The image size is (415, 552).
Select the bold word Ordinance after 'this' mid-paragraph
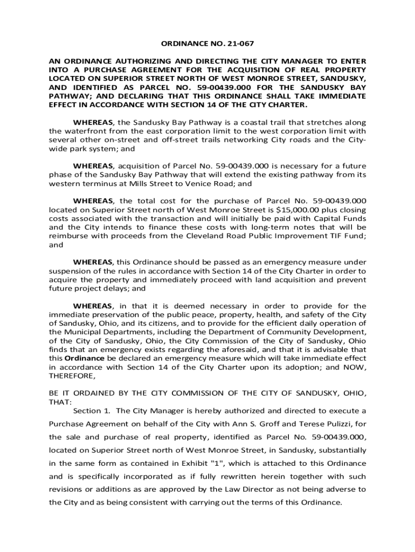click(x=84, y=357)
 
